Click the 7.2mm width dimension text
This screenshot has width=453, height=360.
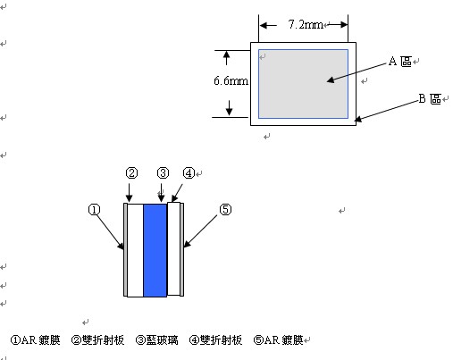click(306, 24)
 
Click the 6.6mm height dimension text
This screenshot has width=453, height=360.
click(231, 80)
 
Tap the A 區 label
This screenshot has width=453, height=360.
click(400, 62)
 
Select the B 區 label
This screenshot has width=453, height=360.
click(430, 98)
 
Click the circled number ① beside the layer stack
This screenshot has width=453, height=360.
click(95, 210)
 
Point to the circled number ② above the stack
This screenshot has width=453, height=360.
click(131, 172)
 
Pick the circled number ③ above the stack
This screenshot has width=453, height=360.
click(163, 172)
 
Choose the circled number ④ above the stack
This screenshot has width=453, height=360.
click(189, 172)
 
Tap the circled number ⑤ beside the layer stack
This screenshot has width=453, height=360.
click(225, 210)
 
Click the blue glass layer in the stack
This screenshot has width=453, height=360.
click(155, 250)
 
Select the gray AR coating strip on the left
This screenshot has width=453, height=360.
click(125, 249)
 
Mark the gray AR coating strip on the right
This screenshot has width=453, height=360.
click(181, 249)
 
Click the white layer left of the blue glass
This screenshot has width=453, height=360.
click(136, 250)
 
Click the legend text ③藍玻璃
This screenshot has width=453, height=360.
click(157, 340)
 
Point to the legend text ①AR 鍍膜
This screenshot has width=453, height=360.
click(36, 340)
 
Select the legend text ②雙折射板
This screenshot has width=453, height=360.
click(97, 340)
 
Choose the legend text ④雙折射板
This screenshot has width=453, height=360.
click(215, 340)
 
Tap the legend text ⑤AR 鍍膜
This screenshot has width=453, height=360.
click(278, 340)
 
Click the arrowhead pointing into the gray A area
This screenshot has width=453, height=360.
click(331, 80)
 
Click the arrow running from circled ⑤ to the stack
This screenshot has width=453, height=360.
click(200, 231)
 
